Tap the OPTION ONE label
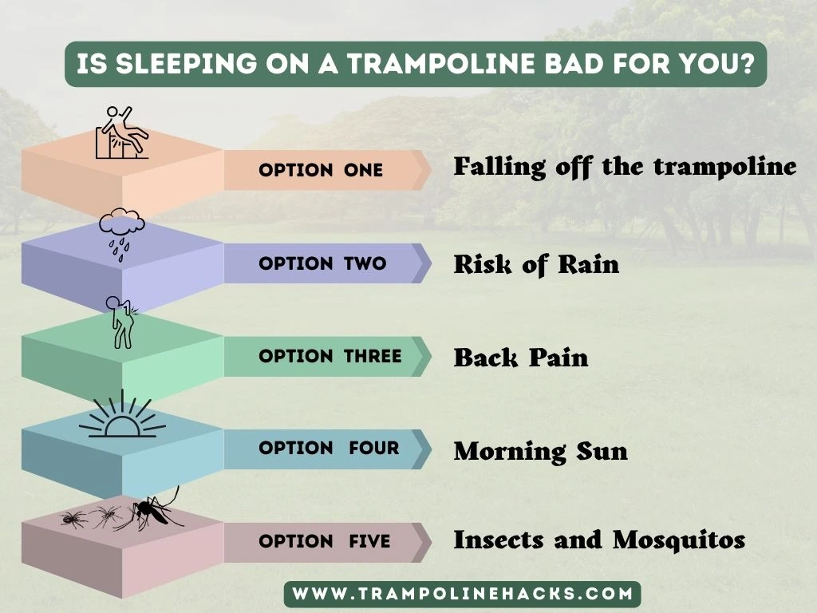pyautogui.click(x=321, y=170)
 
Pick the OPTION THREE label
pyautogui.click(x=330, y=356)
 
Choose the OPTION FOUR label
pyautogui.click(x=329, y=448)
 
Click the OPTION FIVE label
pyautogui.click(x=325, y=541)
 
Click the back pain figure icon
pyautogui.click(x=121, y=322)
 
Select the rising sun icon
pyautogui.click(x=122, y=416)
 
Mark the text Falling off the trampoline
pyautogui.click(x=625, y=167)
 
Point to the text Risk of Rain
pyautogui.click(x=536, y=264)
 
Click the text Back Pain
pyautogui.click(x=521, y=357)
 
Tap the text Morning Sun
pyautogui.click(x=541, y=451)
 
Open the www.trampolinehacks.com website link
pyautogui.click(x=463, y=594)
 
